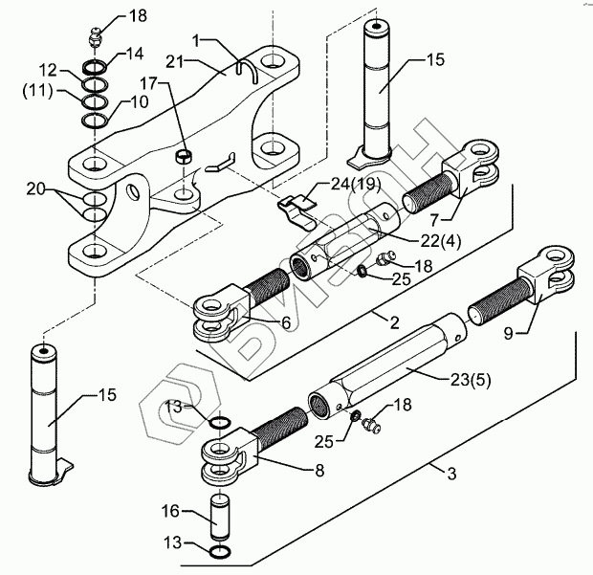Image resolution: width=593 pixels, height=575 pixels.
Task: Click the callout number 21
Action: pyautogui.click(x=174, y=60)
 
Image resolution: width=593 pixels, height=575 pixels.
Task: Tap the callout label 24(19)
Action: pyautogui.click(x=356, y=185)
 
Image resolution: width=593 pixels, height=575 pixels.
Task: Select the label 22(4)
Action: pyautogui.click(x=441, y=241)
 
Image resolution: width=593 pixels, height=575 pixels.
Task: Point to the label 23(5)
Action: pyautogui.click(x=471, y=380)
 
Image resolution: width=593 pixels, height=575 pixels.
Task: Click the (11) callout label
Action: pyautogui.click(x=38, y=91)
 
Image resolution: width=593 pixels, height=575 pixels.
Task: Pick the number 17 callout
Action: pyautogui.click(x=149, y=83)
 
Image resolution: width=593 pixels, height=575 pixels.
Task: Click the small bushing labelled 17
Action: pyautogui.click(x=185, y=156)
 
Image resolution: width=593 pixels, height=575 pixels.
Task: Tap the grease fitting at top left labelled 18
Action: pyautogui.click(x=95, y=37)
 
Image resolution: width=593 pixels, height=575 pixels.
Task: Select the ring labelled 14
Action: pyautogui.click(x=95, y=67)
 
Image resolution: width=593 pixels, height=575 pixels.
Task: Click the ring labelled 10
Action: pyautogui.click(x=95, y=122)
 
